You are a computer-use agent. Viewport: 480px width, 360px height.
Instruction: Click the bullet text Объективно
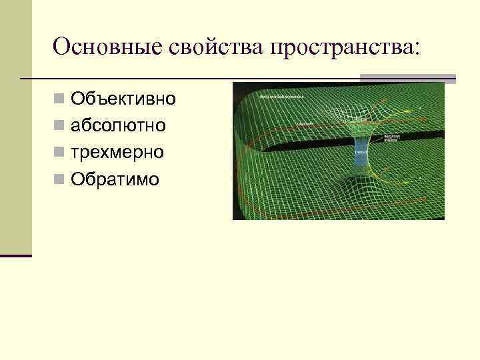(123, 99)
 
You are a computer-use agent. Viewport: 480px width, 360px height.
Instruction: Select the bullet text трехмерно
(117, 153)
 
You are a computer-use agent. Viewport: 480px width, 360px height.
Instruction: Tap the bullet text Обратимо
(115, 179)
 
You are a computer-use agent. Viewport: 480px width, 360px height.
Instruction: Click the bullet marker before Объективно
(60, 100)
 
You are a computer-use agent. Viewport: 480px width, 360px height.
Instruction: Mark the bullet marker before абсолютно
(60, 127)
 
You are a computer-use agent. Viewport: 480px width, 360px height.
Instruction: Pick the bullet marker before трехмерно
(60, 153)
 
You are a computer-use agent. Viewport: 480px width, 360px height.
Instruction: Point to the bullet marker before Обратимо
(60, 179)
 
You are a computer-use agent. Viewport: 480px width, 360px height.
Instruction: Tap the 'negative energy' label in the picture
(392, 139)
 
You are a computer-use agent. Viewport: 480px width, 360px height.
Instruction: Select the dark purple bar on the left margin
(16, 255)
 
